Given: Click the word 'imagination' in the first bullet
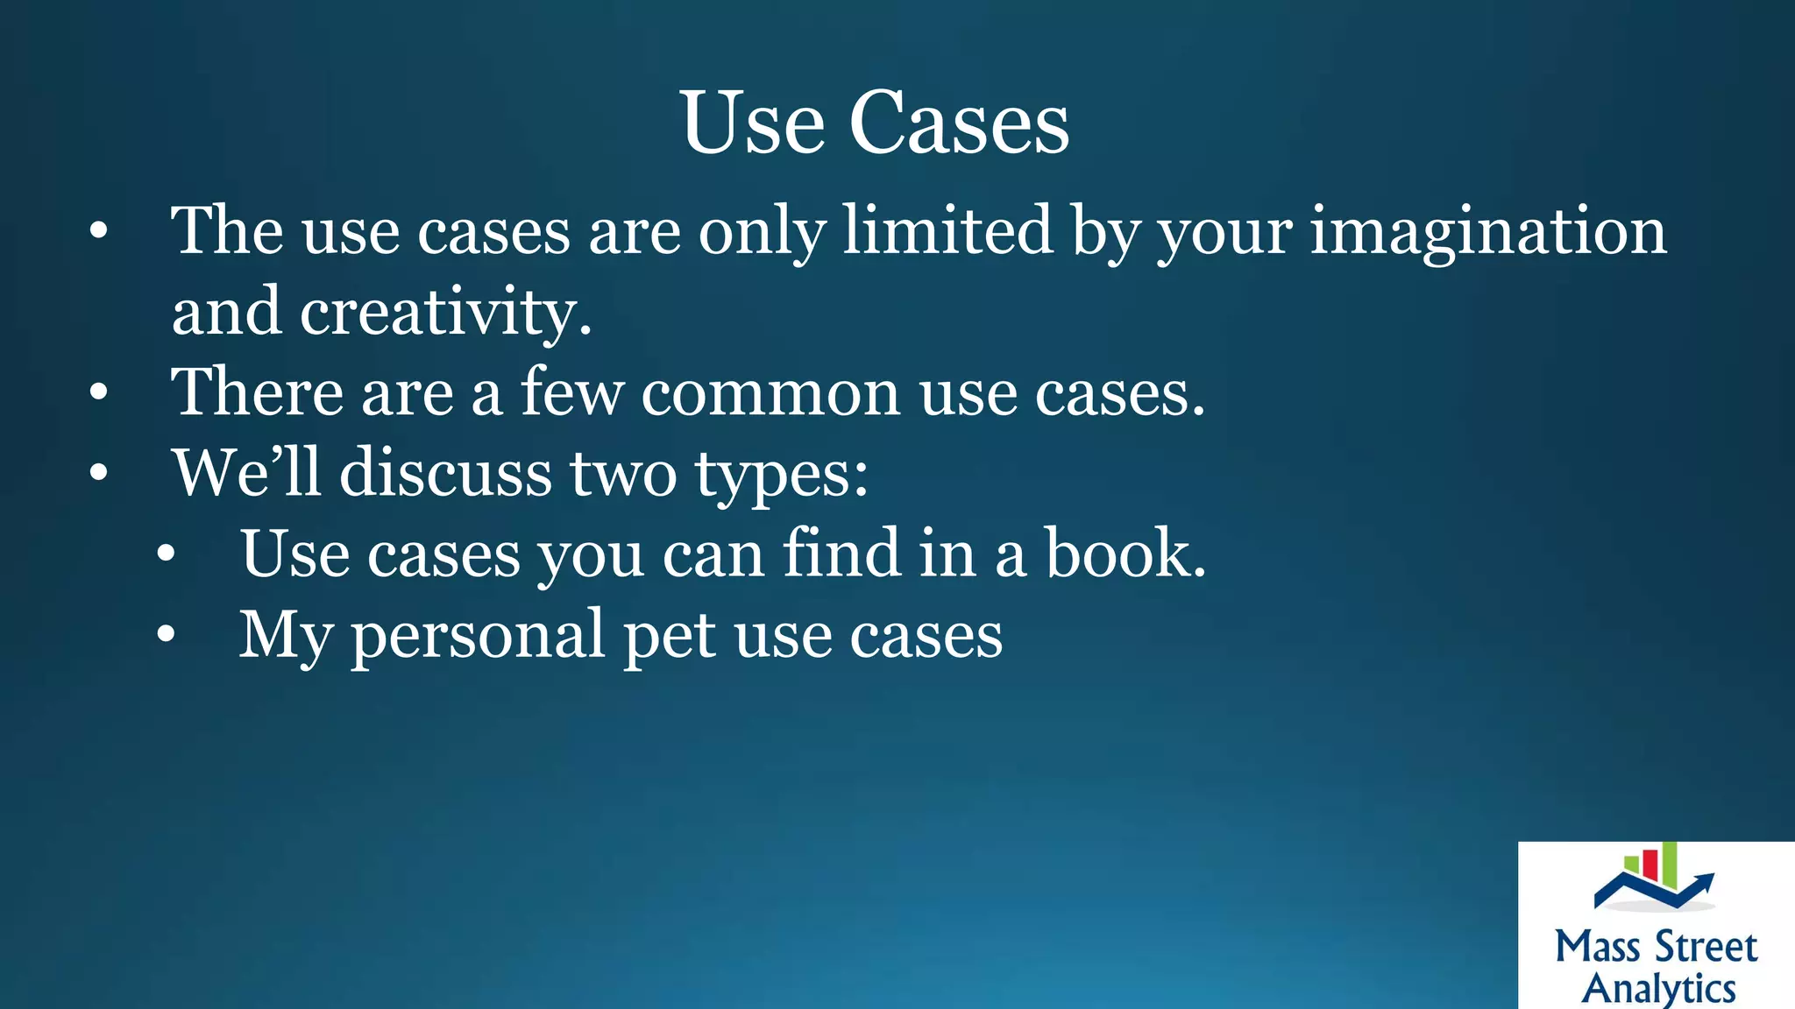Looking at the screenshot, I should click(x=1487, y=232).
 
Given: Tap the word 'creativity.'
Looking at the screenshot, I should click(x=446, y=313).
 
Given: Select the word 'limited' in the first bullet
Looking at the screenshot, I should click(x=947, y=230).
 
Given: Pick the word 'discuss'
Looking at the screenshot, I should click(x=446, y=473).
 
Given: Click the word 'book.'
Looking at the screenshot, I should click(x=1125, y=554).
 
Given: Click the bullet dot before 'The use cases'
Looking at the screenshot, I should click(x=99, y=232).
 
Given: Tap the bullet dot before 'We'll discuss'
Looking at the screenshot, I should click(x=99, y=474).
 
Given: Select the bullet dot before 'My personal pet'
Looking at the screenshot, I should click(x=167, y=635).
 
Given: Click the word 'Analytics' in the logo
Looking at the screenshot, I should click(x=1658, y=988).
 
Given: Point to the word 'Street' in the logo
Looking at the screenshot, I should click(x=1705, y=948).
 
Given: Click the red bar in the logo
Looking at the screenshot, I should click(x=1650, y=864).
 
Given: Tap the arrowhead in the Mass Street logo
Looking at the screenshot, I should click(x=1704, y=879).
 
